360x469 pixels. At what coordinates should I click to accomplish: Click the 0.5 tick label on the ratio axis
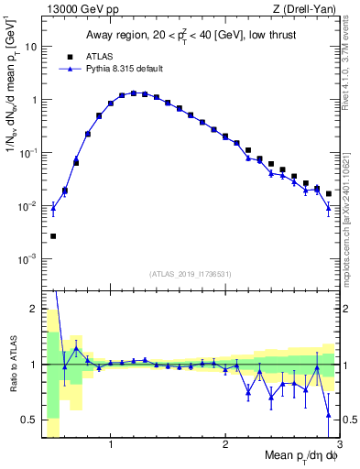pos(29,420)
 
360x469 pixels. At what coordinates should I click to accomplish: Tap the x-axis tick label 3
pos(339,446)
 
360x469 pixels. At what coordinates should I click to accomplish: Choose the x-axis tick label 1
pos(111,446)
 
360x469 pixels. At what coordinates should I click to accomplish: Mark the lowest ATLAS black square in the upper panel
pos(53,236)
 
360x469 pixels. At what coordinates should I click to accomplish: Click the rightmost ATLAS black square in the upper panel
pos(328,193)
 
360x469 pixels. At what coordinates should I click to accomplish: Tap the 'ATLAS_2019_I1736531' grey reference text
pos(191,273)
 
